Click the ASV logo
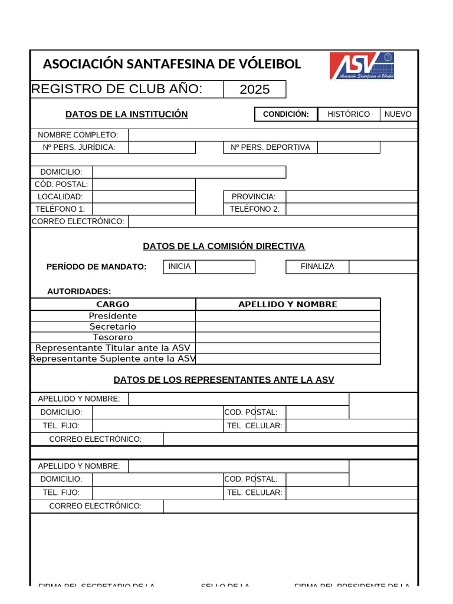[x=362, y=65]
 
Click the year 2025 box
[x=254, y=90]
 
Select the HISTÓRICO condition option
[x=349, y=114]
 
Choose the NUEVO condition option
[x=398, y=114]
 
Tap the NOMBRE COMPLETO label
[x=78, y=135]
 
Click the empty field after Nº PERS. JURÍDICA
[x=162, y=147]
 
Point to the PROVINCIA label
[x=253, y=196]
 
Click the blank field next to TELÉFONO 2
[x=352, y=209]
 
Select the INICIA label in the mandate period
[x=179, y=267]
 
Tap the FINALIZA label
[x=317, y=267]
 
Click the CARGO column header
[x=113, y=304]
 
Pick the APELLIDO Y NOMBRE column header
[x=288, y=304]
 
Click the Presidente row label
[x=113, y=316]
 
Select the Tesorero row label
[x=113, y=337]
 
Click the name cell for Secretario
[x=288, y=327]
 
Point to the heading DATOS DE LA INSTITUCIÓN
[x=126, y=114]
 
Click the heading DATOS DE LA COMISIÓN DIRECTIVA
[x=224, y=246]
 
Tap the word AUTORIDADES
[x=79, y=291]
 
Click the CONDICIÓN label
[x=285, y=114]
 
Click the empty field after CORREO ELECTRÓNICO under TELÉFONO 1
[x=273, y=221]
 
